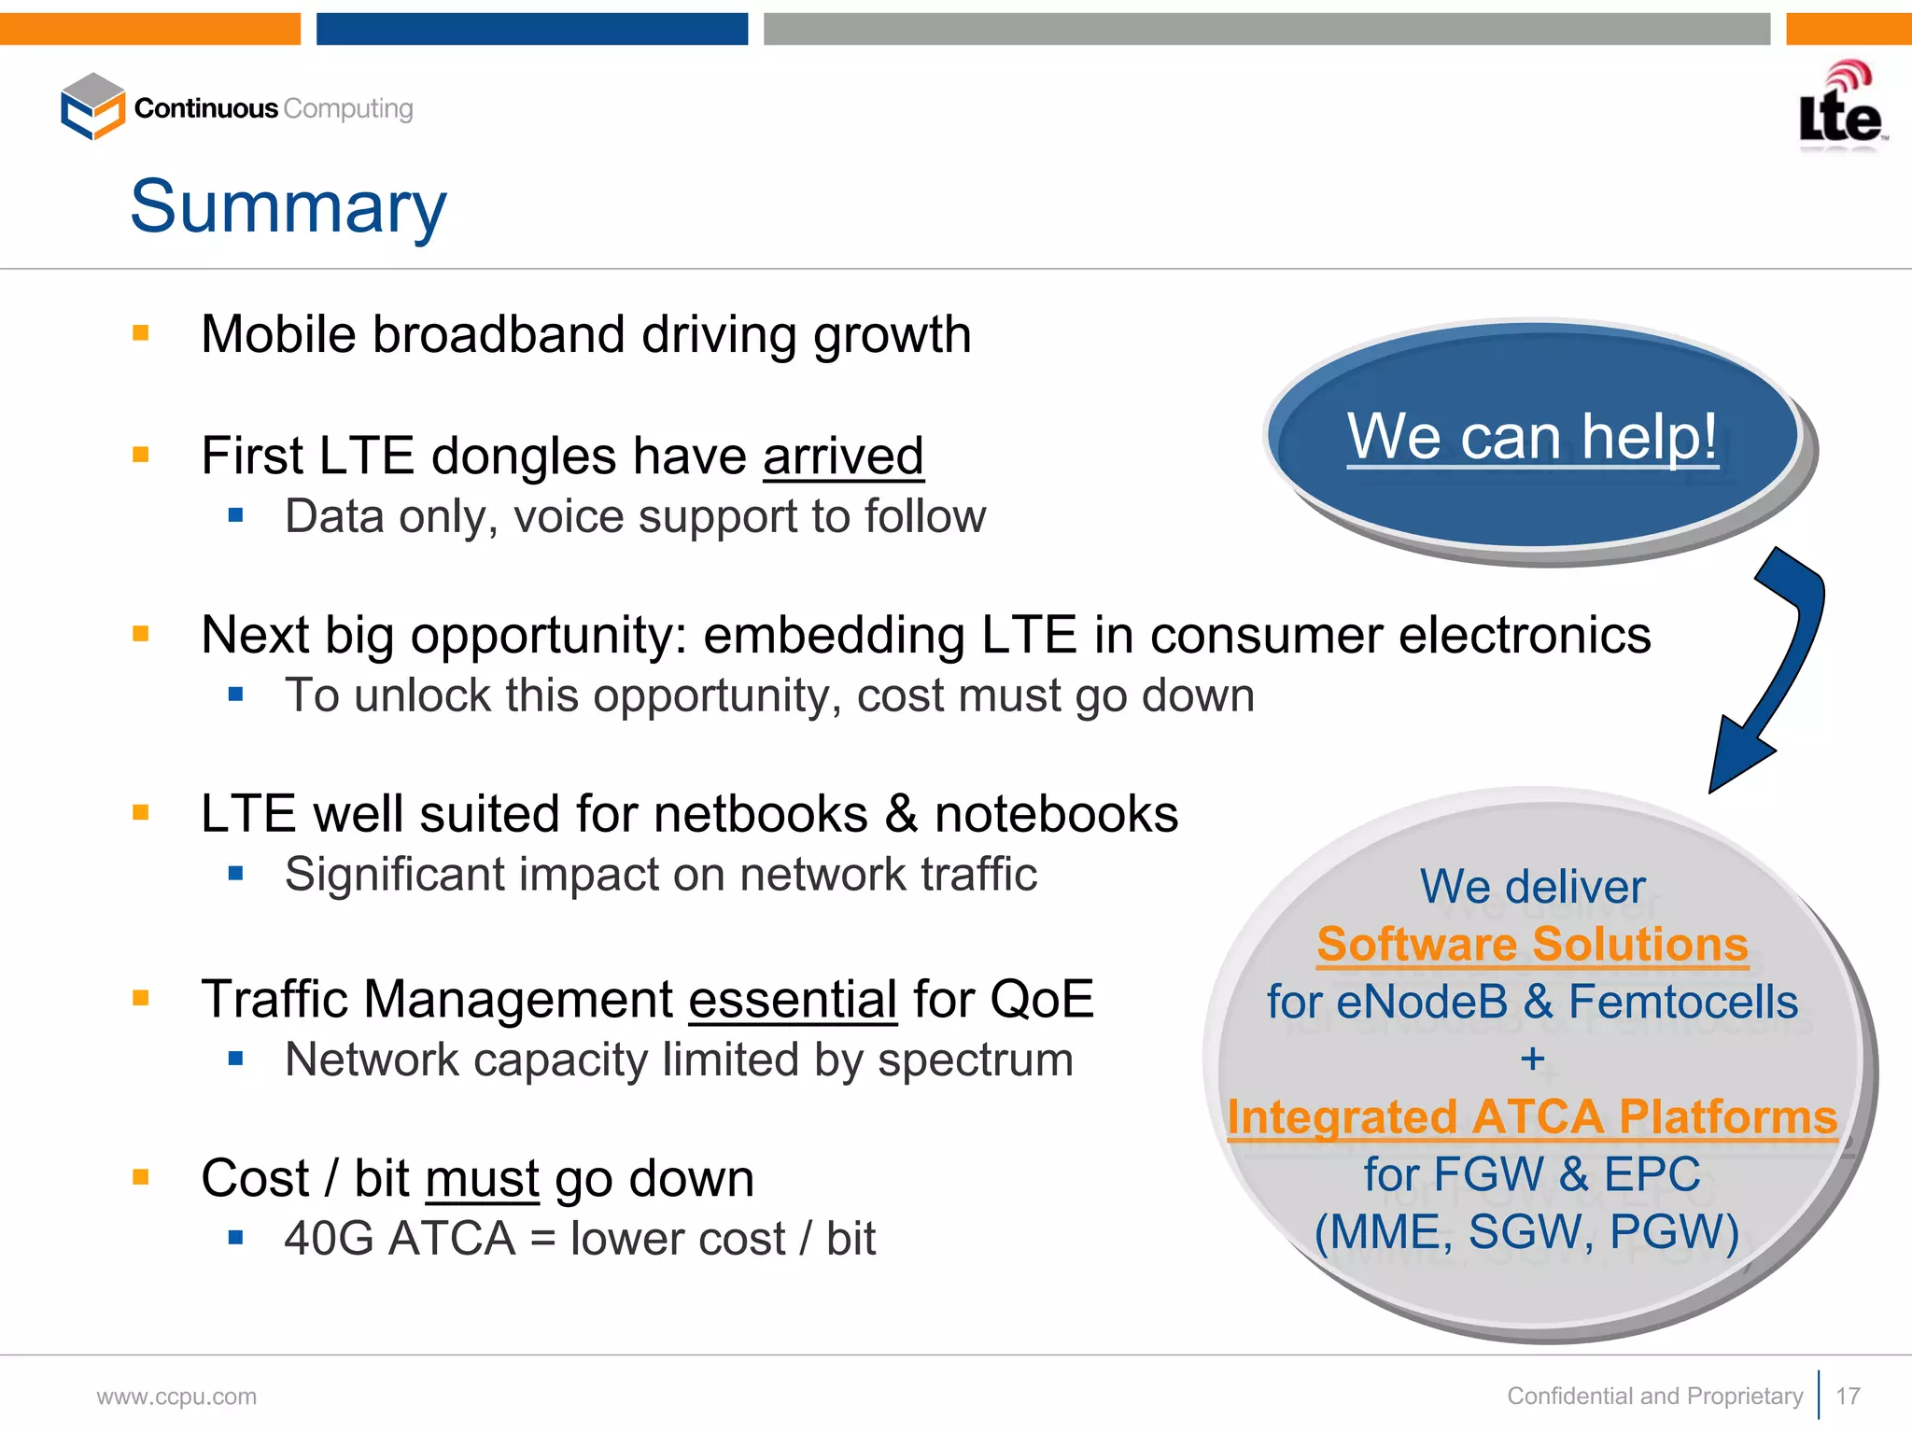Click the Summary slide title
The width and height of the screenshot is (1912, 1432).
288,207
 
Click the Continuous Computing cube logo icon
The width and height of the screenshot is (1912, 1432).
92,106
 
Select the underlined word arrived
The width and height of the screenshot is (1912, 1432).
843,456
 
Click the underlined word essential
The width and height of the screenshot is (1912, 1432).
793,999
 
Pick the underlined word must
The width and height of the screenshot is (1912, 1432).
483,1178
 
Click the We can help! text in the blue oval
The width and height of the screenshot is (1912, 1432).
1532,436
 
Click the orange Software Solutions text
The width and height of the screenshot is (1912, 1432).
1532,944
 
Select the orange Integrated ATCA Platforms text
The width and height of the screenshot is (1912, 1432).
1532,1116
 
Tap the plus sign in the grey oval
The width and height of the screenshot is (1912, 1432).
1532,1059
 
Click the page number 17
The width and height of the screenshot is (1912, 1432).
1848,1396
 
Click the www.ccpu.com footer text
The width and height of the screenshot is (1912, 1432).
176,1397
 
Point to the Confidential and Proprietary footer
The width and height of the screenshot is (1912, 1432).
1654,1396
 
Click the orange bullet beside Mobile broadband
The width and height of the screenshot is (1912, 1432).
141,333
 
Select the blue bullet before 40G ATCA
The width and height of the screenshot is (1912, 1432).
235,1238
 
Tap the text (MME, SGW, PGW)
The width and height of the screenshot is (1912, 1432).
1527,1231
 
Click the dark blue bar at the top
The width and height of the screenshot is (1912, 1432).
532,29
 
